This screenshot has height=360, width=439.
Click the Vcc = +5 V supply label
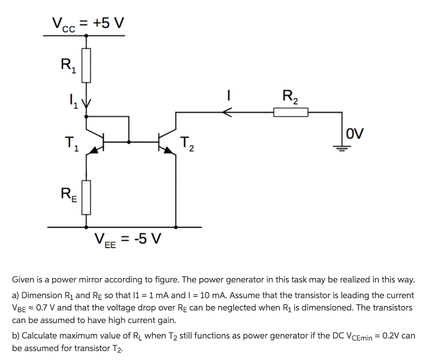[x=88, y=23]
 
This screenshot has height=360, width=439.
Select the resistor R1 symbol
[x=87, y=65]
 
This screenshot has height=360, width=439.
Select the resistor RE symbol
[x=87, y=197]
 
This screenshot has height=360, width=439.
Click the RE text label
[x=68, y=197]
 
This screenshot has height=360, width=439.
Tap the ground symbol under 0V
[x=342, y=148]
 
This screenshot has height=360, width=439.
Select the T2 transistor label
[x=187, y=144]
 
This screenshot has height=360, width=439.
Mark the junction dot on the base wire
[x=129, y=141]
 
